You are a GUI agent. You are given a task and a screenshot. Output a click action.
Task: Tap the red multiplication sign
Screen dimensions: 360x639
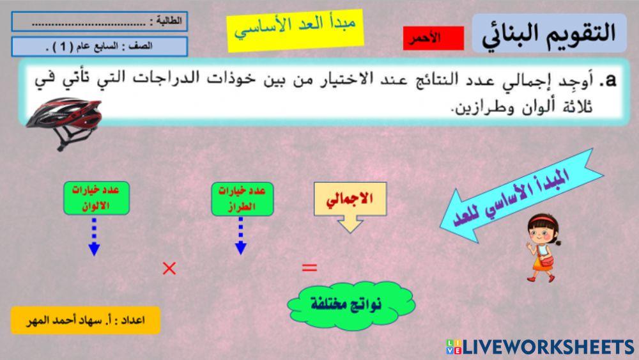coord(169,269)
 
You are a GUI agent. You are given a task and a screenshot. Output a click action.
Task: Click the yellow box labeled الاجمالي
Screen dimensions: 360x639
coord(350,199)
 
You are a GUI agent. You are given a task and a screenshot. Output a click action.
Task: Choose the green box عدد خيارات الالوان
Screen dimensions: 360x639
coord(96,198)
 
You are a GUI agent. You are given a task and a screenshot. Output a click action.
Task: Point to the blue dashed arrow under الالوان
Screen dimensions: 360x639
coord(94,237)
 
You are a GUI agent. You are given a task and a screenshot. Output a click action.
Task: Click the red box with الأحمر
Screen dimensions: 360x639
coord(433,38)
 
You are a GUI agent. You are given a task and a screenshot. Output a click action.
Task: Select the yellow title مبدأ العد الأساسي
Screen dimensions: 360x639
coord(295,29)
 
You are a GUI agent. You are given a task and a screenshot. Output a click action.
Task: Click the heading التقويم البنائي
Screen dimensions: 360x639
coord(549,33)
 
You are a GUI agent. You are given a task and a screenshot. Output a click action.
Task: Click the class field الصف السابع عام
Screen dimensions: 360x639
coord(99,47)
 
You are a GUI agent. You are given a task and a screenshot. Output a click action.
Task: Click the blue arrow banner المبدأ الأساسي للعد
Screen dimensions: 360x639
coord(521,195)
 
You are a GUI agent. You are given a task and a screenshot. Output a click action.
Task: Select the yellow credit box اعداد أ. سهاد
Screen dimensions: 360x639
coord(86,320)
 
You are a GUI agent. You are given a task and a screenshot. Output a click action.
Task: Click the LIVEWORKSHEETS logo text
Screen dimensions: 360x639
coord(548,347)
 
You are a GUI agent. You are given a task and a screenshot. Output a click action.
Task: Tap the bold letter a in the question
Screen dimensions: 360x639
coord(611,80)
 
